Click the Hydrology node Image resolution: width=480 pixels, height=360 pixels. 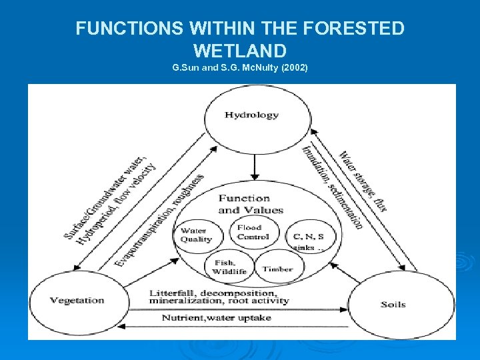tap(251, 115)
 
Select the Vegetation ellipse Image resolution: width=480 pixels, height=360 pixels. tap(77, 301)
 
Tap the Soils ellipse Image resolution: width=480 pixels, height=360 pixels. tap(393, 304)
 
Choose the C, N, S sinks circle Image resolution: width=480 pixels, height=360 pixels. tap(309, 239)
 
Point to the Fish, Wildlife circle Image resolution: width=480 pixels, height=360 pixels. tap(229, 267)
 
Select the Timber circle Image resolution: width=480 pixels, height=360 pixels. tap(277, 269)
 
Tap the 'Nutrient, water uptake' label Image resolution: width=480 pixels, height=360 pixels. tap(217, 318)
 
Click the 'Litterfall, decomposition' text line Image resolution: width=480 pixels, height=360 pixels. tap(212, 293)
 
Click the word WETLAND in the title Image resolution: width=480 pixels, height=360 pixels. tap(239, 51)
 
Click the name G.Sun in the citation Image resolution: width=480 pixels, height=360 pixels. tap(186, 69)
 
